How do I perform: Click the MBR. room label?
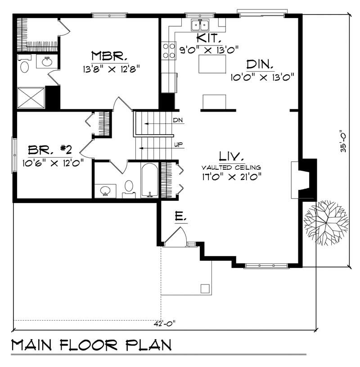[x=110, y=57]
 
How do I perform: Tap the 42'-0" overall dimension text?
[x=163, y=323]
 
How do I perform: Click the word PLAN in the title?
[x=148, y=345]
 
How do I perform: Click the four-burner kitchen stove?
[x=169, y=50]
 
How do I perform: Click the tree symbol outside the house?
[x=326, y=222]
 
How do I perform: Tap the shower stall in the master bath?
[x=31, y=98]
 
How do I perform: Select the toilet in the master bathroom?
[x=25, y=67]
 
